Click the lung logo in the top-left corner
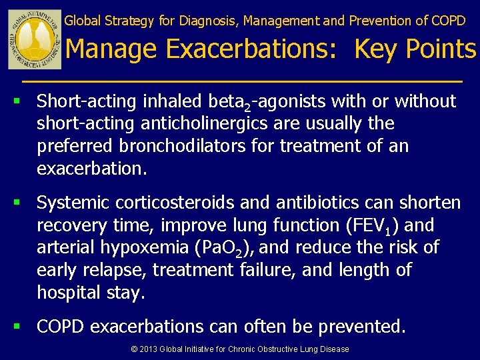click(x=35, y=40)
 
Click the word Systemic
click(x=73, y=203)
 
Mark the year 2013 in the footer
click(x=149, y=349)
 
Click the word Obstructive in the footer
click(x=280, y=349)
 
